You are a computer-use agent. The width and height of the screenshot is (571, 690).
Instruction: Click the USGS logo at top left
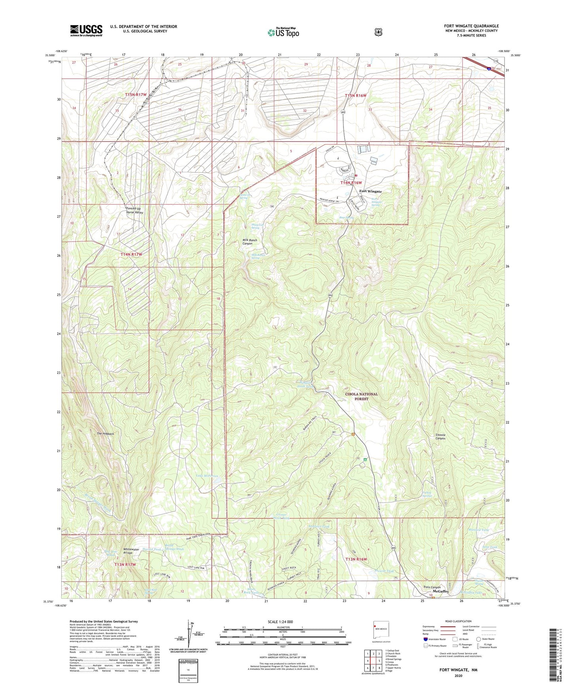(86, 30)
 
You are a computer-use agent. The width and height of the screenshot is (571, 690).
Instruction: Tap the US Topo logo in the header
(283, 32)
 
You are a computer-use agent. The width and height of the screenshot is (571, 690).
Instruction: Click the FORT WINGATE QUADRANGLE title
(471, 26)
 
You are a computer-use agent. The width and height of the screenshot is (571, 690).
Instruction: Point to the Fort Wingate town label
(370, 191)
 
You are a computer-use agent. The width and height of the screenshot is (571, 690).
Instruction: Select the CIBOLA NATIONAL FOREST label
(361, 396)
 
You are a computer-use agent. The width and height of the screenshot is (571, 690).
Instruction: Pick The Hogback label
(106, 434)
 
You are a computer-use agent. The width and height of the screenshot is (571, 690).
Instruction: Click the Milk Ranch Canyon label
(250, 242)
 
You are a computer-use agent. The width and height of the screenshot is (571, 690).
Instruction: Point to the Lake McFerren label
(207, 476)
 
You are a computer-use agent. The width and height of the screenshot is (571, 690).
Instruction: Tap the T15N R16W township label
(356, 96)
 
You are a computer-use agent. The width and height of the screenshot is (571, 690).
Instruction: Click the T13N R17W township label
(125, 565)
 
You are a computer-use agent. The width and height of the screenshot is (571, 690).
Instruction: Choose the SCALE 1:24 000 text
(280, 622)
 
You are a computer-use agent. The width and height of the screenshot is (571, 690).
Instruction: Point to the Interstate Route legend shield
(425, 639)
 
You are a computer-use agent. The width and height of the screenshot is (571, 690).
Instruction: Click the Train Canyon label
(432, 587)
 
